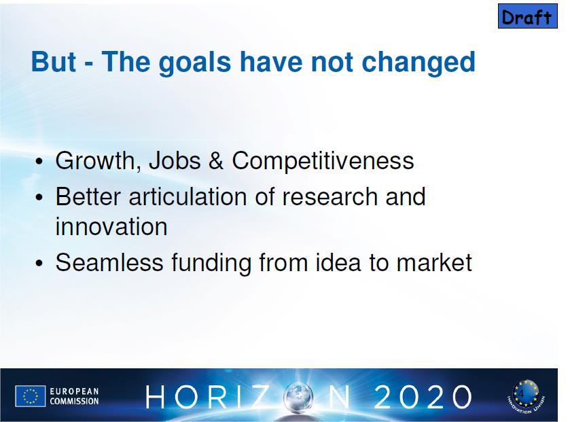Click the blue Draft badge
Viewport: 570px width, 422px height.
(x=527, y=16)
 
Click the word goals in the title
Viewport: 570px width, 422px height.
(x=195, y=63)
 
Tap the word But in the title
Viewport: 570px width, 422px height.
(x=54, y=62)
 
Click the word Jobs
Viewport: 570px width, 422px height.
(x=175, y=160)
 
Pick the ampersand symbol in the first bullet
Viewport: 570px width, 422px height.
(x=216, y=160)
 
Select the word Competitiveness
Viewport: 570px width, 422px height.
(x=323, y=161)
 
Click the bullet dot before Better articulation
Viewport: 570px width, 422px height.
(x=39, y=198)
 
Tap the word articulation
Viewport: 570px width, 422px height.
(x=188, y=196)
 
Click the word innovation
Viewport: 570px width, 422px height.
(x=111, y=226)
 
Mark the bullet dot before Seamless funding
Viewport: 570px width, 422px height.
(x=39, y=263)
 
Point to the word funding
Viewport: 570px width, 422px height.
(x=211, y=263)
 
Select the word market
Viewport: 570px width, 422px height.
(x=434, y=262)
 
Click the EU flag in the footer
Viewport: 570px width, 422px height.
(x=30, y=395)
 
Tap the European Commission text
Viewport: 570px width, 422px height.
(x=74, y=396)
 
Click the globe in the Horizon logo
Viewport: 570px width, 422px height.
(x=298, y=398)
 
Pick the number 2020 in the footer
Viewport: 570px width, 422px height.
(x=423, y=397)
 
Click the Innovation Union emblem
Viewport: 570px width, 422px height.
(x=526, y=397)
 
